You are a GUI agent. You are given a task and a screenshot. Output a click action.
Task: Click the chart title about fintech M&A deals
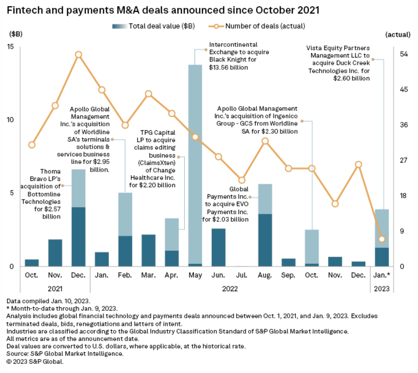coord(163,10)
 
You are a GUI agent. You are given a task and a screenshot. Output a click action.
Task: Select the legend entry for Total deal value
coord(153,26)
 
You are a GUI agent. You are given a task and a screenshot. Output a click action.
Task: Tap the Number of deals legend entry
coord(257,26)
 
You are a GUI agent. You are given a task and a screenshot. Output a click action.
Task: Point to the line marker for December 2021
coord(78,55)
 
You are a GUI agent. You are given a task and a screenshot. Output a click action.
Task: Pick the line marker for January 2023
coord(382,239)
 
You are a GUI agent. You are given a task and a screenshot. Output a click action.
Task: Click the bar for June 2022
coord(218,247)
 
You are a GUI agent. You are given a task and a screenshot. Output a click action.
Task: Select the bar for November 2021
coord(55,253)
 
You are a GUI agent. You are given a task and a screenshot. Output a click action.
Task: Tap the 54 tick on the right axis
coord(404,54)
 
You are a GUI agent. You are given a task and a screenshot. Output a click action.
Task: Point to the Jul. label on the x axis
coord(241,275)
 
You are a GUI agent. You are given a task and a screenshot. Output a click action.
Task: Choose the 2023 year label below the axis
coord(381,289)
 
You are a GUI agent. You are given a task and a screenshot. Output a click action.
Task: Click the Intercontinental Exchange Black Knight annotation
coord(239,56)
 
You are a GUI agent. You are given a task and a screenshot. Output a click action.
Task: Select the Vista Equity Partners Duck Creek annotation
coord(339,63)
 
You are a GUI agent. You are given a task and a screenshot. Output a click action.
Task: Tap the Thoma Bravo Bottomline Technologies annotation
coord(41,194)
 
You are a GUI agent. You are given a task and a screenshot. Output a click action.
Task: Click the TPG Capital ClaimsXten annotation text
coord(153,159)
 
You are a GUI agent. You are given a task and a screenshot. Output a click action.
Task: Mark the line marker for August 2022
coord(265,141)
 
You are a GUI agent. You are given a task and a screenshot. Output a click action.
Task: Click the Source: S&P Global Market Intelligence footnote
coord(65,354)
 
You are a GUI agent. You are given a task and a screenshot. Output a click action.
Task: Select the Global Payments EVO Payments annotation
coord(226,204)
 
